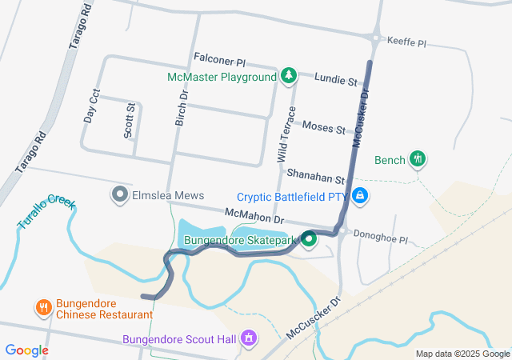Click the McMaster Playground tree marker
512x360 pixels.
point(289,77)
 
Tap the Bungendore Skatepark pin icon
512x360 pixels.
point(306,240)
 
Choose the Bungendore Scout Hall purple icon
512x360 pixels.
point(250,339)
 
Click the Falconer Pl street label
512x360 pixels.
point(219,60)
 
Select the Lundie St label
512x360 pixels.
point(336,81)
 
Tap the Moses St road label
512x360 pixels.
point(323,128)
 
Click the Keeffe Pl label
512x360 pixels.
point(408,39)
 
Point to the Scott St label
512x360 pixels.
point(130,120)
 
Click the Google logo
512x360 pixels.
point(27,350)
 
